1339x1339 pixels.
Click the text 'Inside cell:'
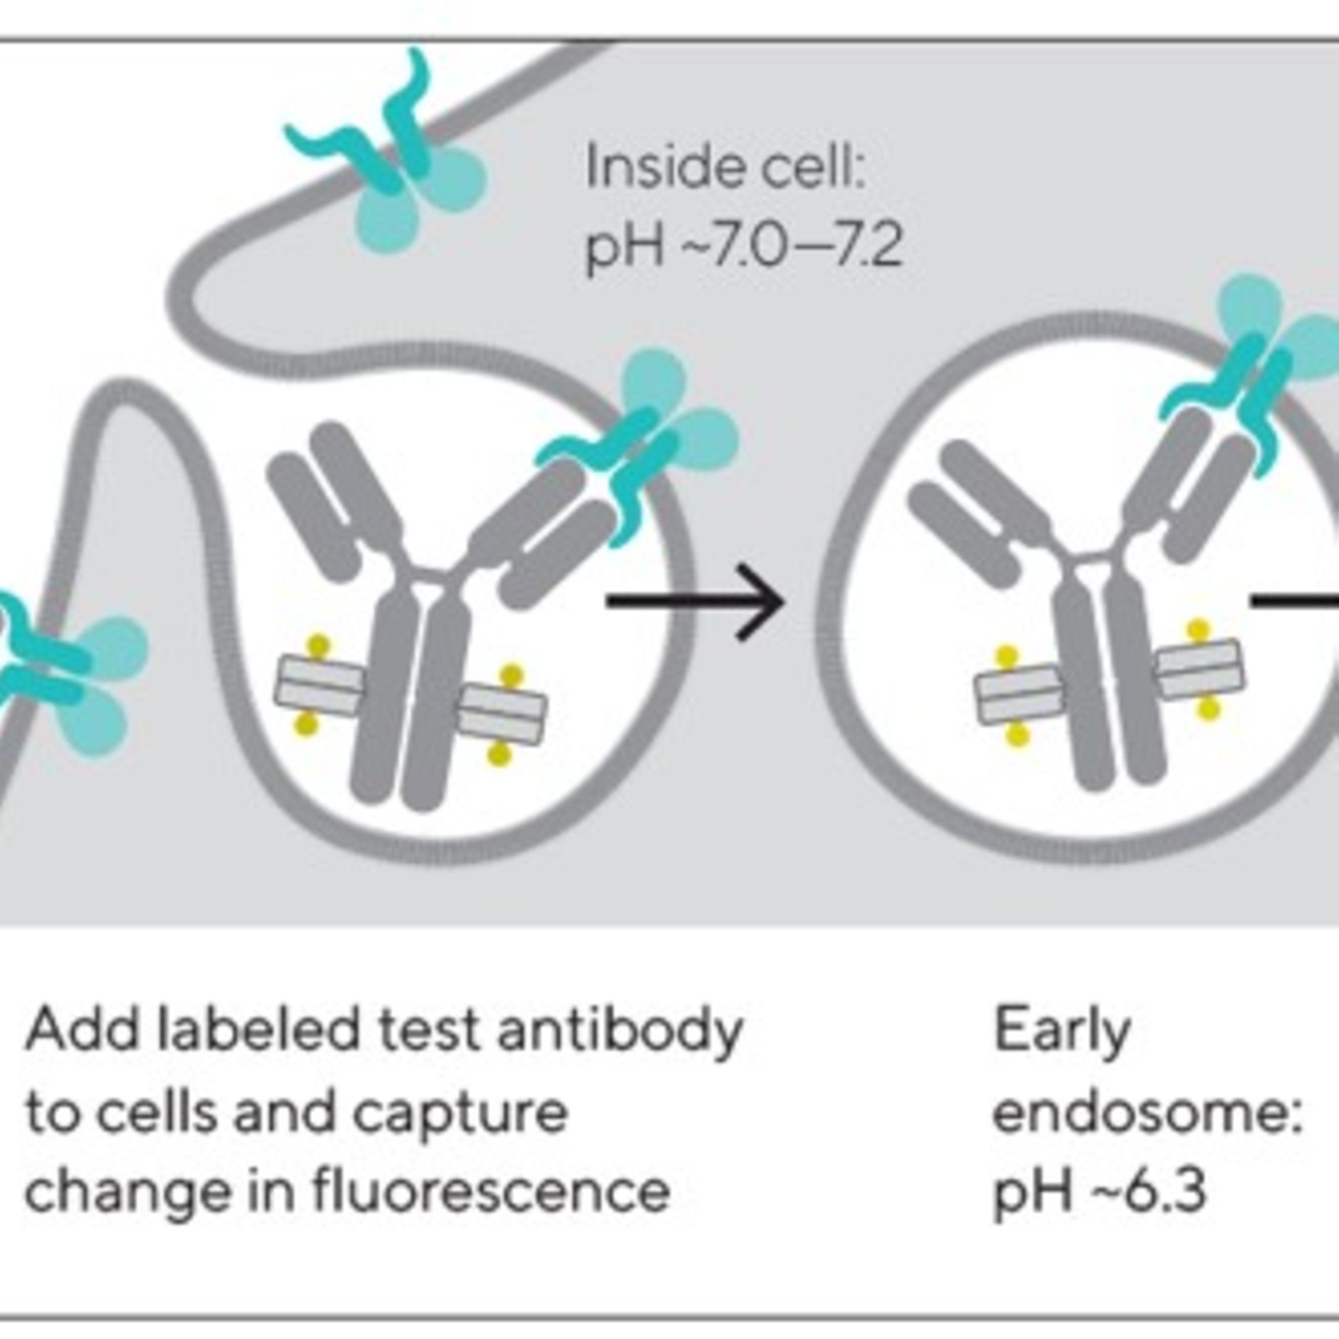(x=726, y=169)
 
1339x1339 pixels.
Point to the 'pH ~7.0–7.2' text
(x=743, y=247)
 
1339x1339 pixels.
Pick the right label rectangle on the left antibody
(x=503, y=714)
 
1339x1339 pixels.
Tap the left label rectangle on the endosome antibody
(x=1018, y=696)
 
